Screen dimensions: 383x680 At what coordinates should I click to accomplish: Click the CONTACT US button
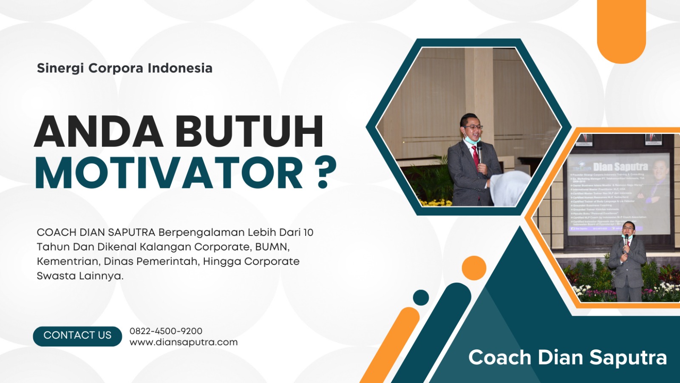77,336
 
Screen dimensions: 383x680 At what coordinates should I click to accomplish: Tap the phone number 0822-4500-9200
166,331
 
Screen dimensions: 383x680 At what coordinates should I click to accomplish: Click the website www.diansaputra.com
184,343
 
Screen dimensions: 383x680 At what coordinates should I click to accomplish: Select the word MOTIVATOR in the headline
169,173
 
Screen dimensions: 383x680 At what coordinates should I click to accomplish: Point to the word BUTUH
249,131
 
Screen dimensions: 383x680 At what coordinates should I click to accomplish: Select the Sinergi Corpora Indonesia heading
125,68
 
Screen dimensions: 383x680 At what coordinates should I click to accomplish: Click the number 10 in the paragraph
308,233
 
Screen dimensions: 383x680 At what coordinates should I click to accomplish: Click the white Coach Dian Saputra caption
567,357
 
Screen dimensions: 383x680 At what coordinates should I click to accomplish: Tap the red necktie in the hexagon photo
475,157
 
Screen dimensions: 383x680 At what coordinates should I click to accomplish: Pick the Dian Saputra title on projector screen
620,167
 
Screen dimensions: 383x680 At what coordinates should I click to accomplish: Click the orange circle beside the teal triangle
474,268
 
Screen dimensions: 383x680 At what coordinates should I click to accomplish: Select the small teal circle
421,298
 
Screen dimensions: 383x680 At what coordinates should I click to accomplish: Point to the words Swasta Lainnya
80,276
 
